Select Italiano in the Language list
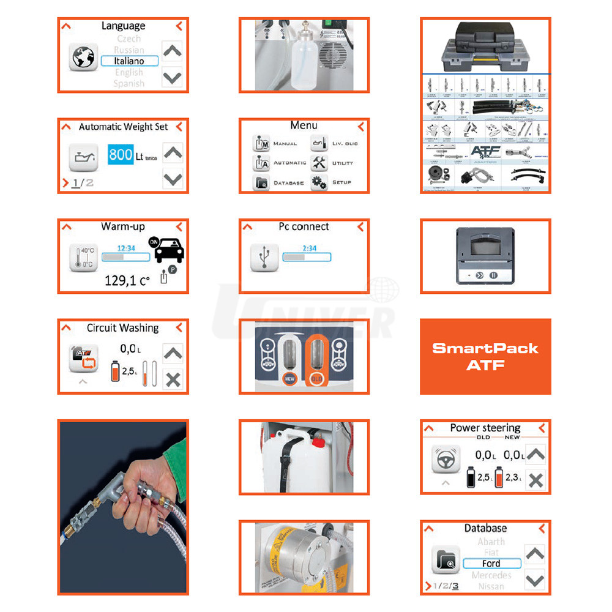[x=129, y=61]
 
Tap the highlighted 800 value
[x=121, y=155]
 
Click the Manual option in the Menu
[x=275, y=143]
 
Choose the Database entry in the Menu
[x=279, y=182]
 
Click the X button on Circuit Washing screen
[x=173, y=379]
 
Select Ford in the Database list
[x=491, y=564]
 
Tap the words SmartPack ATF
[x=485, y=356]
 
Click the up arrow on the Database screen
[x=535, y=554]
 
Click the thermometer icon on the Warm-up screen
[x=83, y=258]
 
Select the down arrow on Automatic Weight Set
[x=173, y=178]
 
